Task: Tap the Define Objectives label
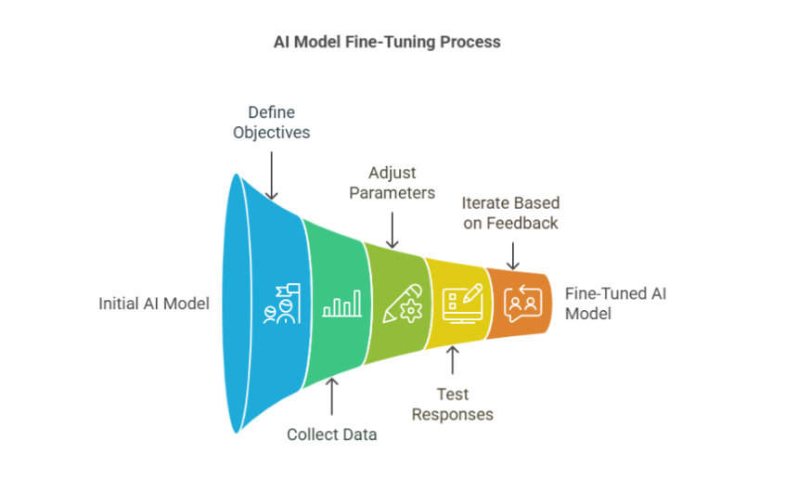271,122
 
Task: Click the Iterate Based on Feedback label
511,213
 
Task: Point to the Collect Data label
331,434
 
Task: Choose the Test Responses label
452,403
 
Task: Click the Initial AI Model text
155,304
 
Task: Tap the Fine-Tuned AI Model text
616,304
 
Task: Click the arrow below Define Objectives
271,174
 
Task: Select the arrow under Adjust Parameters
392,228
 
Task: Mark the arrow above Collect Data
331,396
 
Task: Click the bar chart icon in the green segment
341,304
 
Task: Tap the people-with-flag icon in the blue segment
279,304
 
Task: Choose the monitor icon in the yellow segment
462,302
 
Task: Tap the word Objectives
271,132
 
